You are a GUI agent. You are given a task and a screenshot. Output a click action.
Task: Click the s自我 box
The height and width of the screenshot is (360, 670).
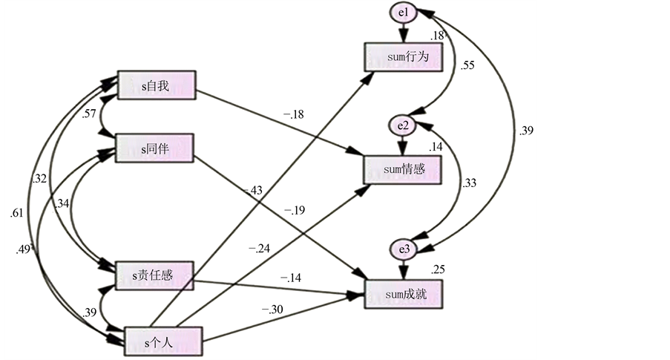[x=156, y=85]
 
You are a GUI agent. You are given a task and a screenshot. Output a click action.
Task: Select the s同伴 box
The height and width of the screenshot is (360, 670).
[x=156, y=148]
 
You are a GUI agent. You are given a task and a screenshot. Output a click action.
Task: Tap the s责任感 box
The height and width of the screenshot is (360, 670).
[x=156, y=276]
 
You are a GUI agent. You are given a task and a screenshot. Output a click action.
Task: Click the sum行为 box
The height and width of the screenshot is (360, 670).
[x=404, y=57]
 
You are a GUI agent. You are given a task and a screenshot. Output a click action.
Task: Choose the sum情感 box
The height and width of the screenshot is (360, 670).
[x=404, y=170]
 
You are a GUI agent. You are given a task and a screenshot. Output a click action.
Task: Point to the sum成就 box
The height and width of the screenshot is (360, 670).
[x=404, y=295]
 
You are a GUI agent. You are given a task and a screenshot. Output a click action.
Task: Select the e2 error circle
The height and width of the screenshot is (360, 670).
[x=403, y=125]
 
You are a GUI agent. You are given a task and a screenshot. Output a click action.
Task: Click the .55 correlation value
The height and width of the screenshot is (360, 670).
[x=467, y=65]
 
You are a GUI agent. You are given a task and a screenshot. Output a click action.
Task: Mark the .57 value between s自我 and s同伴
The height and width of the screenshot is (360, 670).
[x=89, y=114]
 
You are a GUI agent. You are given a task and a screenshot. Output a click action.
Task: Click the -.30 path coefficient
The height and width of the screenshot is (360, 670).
[x=272, y=310]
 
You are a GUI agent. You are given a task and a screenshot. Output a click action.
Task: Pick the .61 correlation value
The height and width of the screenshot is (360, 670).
[x=17, y=213]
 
